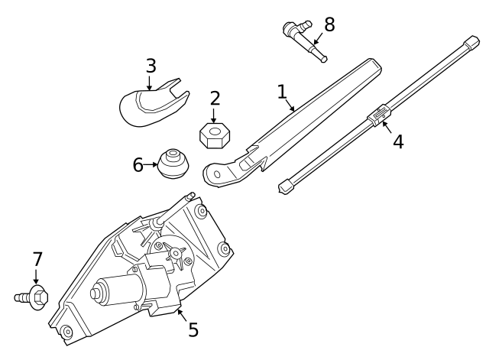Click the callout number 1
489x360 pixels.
pos(282,92)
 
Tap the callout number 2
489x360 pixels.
pos(215,99)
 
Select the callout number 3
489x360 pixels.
pos(151,66)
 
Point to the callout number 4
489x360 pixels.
pos(398,141)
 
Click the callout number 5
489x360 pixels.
pos(193,329)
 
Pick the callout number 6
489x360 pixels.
pos(138,165)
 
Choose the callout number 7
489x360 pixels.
pos(37,259)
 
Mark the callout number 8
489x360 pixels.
pos(329,24)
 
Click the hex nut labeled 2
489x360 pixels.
pos(215,135)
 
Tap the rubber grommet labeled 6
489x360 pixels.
pos(173,164)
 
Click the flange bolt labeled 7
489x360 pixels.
pos(32,297)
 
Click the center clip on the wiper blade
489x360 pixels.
pos(379,115)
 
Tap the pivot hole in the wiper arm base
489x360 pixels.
pos(217,174)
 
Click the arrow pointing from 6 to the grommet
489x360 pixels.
pos(151,165)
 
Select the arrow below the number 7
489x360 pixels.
pos(36,277)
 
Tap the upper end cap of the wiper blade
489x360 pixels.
pos(471,43)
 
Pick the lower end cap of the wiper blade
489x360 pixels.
pos(287,186)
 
